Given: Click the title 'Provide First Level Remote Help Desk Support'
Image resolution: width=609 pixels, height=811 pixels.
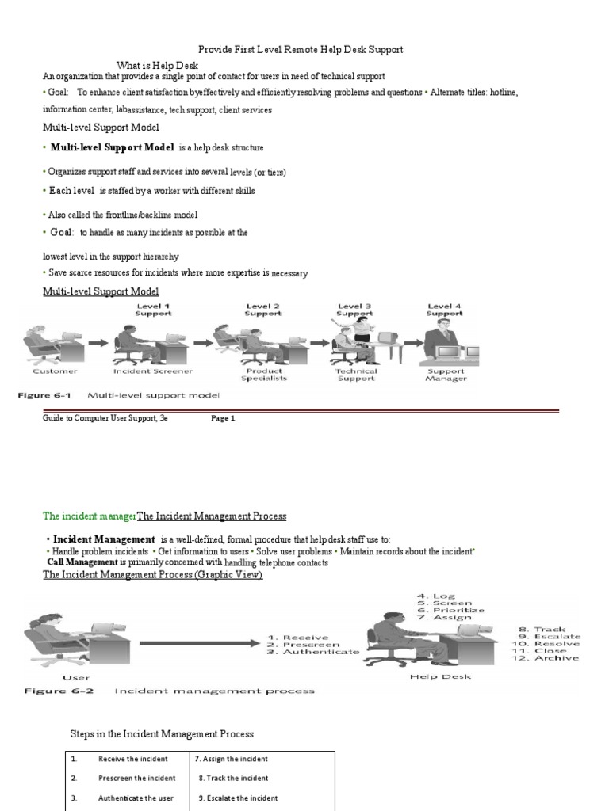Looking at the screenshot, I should tap(300, 49).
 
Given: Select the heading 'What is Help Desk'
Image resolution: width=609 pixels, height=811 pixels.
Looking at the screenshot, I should tap(157, 65).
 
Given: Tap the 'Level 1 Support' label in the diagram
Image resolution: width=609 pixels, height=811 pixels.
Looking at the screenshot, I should tap(153, 309).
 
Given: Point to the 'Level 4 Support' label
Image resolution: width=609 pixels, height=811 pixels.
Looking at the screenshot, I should tap(444, 309).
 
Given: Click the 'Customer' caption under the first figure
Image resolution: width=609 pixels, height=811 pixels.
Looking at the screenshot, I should tap(55, 371).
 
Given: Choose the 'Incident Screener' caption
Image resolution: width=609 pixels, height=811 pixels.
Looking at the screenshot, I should tap(153, 371).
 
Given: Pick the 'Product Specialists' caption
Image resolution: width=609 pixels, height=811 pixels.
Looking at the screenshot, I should tap(265, 374).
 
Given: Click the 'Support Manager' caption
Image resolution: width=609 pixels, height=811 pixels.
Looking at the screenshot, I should tap(446, 374).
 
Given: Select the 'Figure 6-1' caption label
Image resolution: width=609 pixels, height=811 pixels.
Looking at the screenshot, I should tap(48, 394).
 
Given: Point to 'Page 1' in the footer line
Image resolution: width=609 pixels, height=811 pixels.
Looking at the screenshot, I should tap(223, 418).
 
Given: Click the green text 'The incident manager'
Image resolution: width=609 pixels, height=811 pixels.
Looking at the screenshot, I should tap(90, 516).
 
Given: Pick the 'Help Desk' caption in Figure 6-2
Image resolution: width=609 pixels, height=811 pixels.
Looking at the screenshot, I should tap(440, 676).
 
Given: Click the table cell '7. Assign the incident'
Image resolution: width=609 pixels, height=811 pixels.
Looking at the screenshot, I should tap(232, 759).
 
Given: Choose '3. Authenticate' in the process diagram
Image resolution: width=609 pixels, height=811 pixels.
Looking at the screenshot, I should tap(313, 652).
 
